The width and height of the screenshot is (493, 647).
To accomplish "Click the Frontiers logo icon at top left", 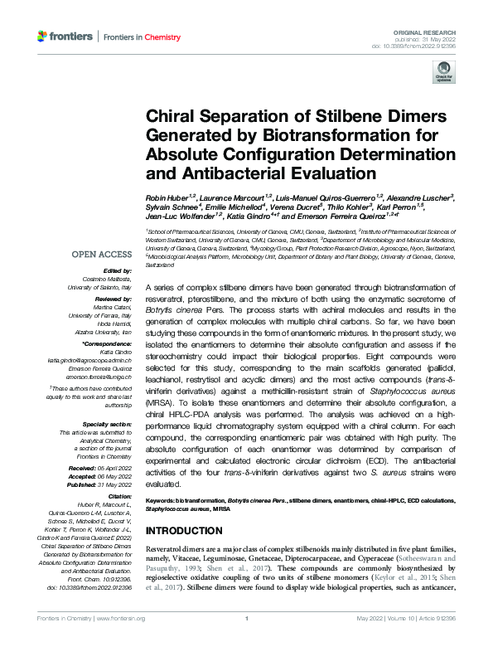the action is click(x=43, y=36).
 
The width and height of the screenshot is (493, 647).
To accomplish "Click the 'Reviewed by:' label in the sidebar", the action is click(x=111, y=296).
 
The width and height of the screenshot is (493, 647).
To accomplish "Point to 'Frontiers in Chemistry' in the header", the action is click(x=136, y=36).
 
